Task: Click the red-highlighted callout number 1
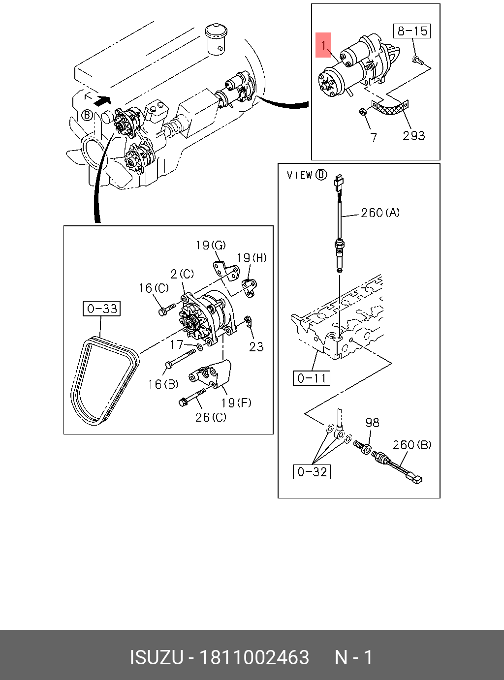coord(323,45)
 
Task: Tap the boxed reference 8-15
coord(412,31)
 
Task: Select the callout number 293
coord(414,135)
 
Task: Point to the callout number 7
coord(373,137)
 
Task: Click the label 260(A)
coord(380,213)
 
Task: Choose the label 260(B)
coord(412,444)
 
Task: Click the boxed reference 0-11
coord(312,378)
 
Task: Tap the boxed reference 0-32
coord(312,471)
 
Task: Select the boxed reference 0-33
coord(101,309)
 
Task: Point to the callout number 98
coord(373,423)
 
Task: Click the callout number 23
coord(256,347)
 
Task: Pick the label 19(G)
coord(211,245)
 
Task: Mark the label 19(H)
coord(252,258)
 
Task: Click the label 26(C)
coord(211,417)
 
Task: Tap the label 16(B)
coord(163,384)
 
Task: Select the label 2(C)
coord(182,274)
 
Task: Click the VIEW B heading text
coord(307,175)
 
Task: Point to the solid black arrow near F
coord(102,100)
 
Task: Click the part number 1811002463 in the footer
coord(254,657)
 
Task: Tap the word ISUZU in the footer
coord(157,657)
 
